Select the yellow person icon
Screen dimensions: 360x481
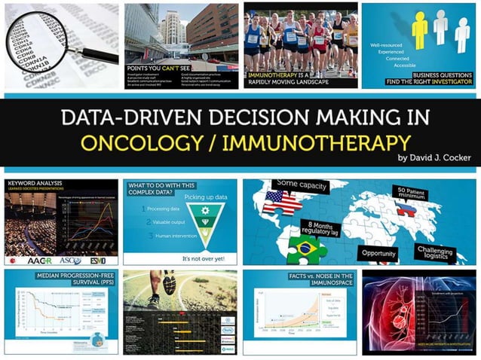(x=420, y=29)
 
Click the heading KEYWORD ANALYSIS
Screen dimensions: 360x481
(x=35, y=184)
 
